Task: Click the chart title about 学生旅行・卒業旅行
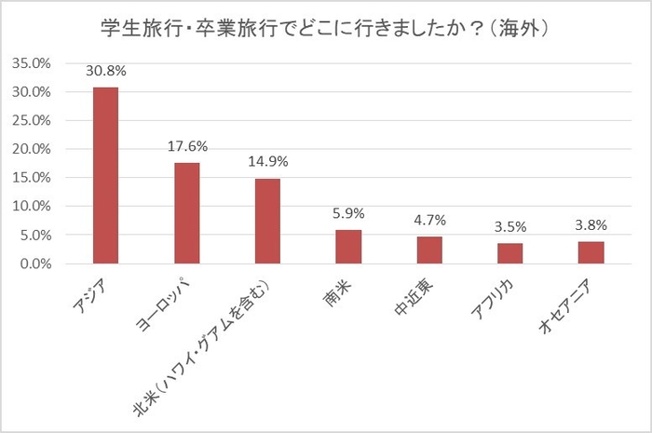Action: tap(326, 28)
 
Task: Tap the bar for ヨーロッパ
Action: tap(187, 213)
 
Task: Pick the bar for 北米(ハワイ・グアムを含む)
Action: tap(268, 221)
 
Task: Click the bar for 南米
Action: tap(348, 247)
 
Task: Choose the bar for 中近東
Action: tap(429, 250)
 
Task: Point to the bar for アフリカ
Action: tap(509, 253)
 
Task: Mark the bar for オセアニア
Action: tap(591, 252)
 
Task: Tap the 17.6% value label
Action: tap(187, 145)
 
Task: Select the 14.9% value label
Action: tap(268, 161)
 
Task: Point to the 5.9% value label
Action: tap(348, 212)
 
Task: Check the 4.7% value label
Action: tap(429, 220)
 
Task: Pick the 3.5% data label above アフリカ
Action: tap(509, 226)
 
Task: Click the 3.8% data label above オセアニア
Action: tap(591, 224)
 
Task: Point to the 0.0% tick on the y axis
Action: tap(34, 264)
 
